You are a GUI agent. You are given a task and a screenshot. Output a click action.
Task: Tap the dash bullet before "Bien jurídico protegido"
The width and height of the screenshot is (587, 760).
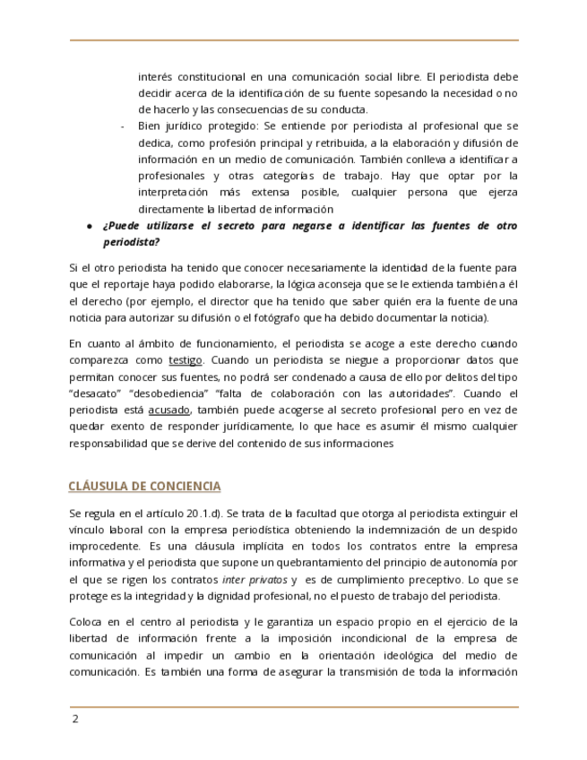(122, 125)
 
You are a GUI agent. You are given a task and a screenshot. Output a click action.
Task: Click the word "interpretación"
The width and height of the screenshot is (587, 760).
(177, 192)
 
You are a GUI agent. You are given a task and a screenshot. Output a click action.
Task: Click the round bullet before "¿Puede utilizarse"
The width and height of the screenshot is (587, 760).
(90, 226)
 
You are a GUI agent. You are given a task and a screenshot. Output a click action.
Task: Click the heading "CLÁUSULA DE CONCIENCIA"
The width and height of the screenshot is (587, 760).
(144, 486)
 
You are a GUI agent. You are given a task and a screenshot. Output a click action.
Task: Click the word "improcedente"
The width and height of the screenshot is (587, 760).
(103, 547)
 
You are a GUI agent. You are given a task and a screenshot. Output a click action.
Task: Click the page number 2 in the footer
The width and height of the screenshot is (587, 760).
(75, 720)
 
